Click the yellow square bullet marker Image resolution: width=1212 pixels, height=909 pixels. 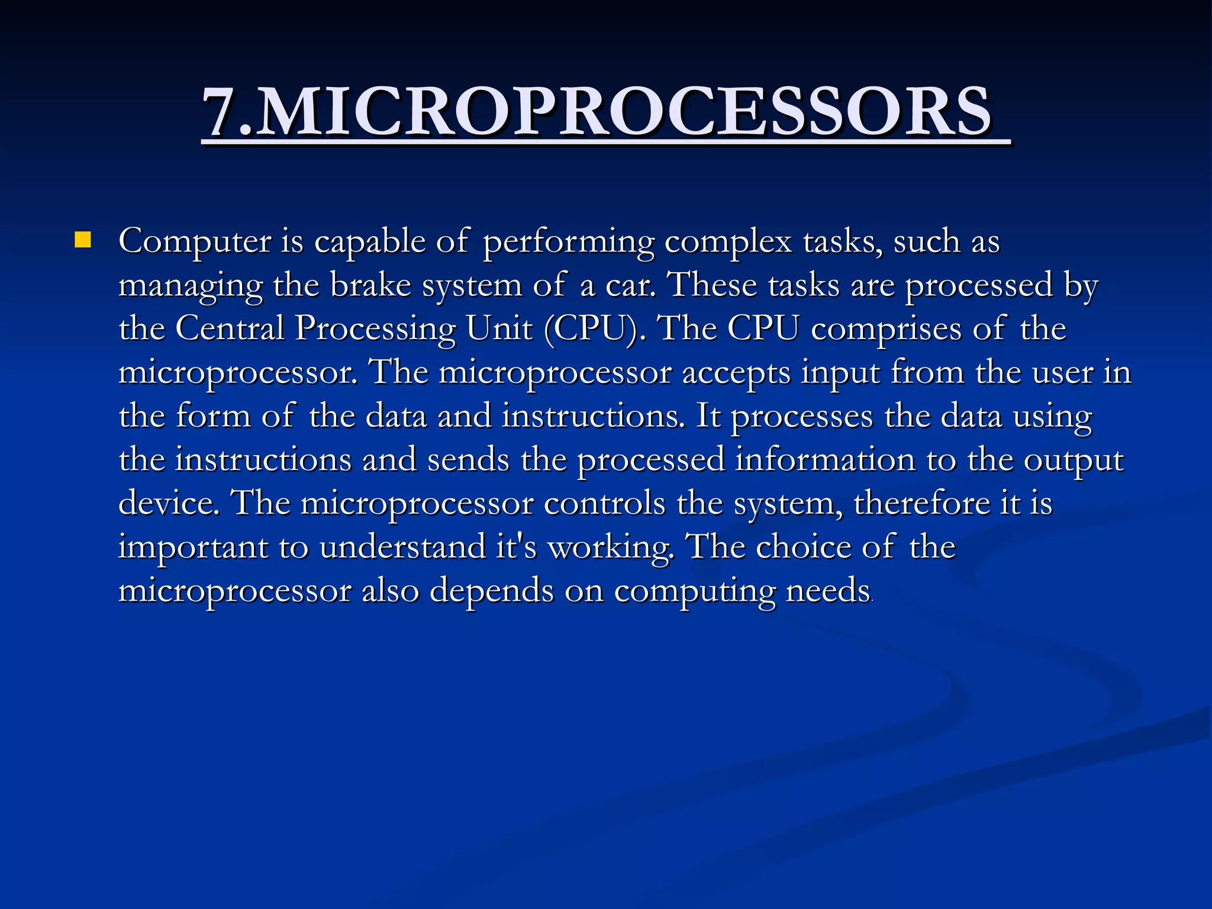click(x=83, y=240)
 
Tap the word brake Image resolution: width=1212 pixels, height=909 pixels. click(x=370, y=285)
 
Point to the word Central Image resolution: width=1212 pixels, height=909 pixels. click(x=230, y=328)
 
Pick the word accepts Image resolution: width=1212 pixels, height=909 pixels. click(x=736, y=373)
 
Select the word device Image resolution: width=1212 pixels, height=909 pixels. click(x=169, y=503)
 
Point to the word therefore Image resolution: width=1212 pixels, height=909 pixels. click(x=921, y=504)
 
